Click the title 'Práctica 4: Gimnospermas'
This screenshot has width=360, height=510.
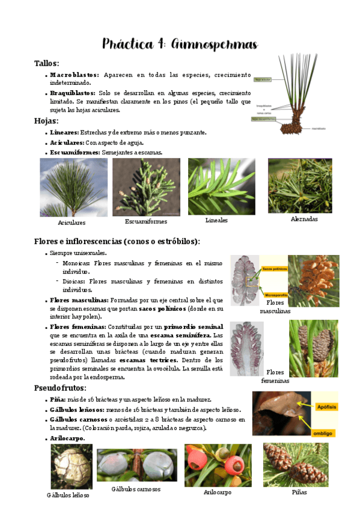pyautogui.click(x=180, y=44)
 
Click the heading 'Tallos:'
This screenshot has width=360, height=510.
pyautogui.click(x=46, y=63)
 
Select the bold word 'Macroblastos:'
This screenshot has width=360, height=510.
pyautogui.click(x=75, y=75)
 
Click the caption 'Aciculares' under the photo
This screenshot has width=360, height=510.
pyautogui.click(x=72, y=223)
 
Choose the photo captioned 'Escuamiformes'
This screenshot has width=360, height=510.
pyautogui.click(x=146, y=186)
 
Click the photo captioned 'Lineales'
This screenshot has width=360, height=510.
pyautogui.click(x=221, y=186)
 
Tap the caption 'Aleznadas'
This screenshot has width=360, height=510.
pyautogui.click(x=304, y=219)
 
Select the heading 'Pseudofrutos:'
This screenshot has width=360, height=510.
pyautogui.click(x=61, y=388)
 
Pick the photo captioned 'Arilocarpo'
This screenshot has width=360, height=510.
pyautogui.click(x=218, y=465)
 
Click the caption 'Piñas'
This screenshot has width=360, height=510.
pyautogui.click(x=299, y=492)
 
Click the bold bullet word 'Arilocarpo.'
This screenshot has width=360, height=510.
pyautogui.click(x=67, y=438)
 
